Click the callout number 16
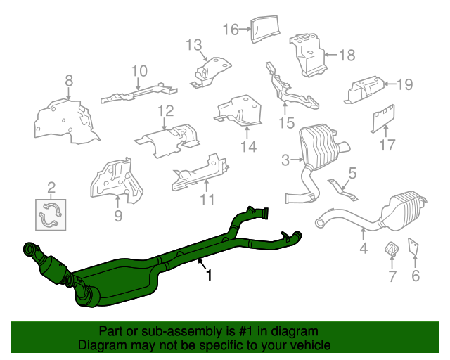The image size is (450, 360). click(231, 30)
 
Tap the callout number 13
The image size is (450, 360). click(194, 45)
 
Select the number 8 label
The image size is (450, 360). click(69, 81)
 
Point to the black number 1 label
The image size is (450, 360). click(210, 275)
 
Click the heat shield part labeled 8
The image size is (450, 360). click(67, 122)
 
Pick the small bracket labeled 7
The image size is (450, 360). click(391, 249)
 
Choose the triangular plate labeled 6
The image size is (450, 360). click(413, 246)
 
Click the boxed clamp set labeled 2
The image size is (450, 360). click(51, 215)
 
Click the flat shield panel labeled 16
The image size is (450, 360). click(265, 29)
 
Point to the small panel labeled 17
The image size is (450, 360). click(383, 118)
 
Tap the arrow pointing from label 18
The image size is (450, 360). click(331, 55)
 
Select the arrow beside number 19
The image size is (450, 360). click(390, 84)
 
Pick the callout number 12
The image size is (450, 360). click(166, 111)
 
